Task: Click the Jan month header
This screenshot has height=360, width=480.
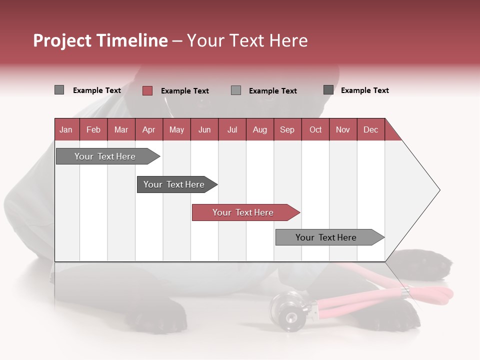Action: click(66, 129)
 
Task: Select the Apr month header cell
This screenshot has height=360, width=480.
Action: click(148, 129)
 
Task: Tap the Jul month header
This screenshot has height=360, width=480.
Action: click(232, 129)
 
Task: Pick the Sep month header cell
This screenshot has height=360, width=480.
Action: click(287, 129)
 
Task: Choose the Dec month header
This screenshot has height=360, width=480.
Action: click(370, 129)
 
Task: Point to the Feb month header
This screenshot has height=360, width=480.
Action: click(93, 129)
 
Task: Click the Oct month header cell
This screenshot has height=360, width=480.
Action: click(315, 129)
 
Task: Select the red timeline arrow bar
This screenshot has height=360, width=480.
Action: click(245, 212)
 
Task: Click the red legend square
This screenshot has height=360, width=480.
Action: click(147, 90)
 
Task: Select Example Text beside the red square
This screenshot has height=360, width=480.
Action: click(184, 91)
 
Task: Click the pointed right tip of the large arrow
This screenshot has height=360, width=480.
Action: click(439, 190)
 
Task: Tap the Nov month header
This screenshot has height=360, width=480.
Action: click(343, 129)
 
